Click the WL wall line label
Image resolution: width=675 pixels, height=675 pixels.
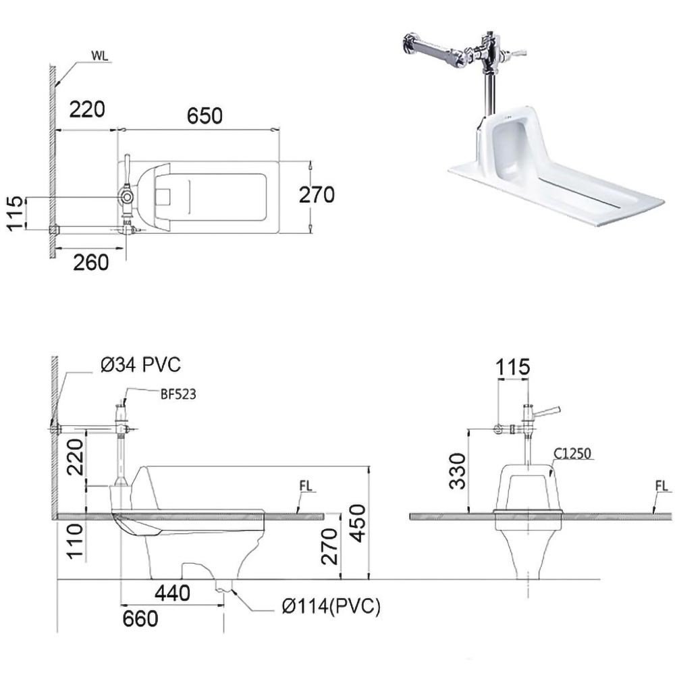pos(100,56)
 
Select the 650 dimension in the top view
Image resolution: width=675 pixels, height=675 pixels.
pos(205,116)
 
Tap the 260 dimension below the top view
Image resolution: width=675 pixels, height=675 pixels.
pos(91,262)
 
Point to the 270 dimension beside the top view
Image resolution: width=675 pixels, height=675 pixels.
pos(317,194)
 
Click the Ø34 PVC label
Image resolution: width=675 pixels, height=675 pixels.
pos(141,365)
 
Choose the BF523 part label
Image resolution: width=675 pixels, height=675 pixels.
pos(178,394)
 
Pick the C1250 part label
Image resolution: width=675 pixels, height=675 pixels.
pos(572,454)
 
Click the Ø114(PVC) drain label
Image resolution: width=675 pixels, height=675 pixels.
pos(331,606)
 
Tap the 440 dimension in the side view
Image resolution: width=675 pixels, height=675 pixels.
pos(173,593)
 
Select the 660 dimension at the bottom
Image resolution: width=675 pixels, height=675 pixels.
pos(140,618)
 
